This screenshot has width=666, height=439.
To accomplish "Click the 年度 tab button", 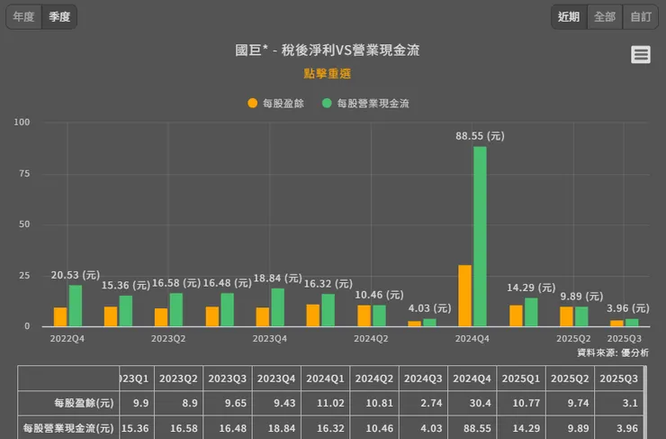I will coord(24,16).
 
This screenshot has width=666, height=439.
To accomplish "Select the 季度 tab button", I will coord(59,16).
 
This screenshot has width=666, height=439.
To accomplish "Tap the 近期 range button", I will coord(569,16).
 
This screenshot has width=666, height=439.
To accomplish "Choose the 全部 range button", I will coord(605,16).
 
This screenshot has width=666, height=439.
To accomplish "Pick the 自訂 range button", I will coord(641,16).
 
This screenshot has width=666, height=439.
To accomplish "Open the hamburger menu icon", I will coord(641,55).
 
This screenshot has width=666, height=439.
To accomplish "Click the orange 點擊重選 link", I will coord(327,74).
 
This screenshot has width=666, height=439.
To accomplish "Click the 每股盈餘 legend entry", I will coord(275,104).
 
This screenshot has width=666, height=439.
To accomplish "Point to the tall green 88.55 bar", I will coord(480,236).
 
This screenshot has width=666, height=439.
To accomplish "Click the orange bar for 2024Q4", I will coord(464,296).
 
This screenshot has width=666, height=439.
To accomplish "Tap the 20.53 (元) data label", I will coord(76,275).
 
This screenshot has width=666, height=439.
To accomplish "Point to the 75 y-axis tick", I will coord(23,173).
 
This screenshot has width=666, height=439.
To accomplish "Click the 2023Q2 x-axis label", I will coord(168,339).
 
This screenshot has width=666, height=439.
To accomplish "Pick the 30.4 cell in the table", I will coord(471,404).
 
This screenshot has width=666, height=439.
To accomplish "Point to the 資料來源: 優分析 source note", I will coord(612,352).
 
